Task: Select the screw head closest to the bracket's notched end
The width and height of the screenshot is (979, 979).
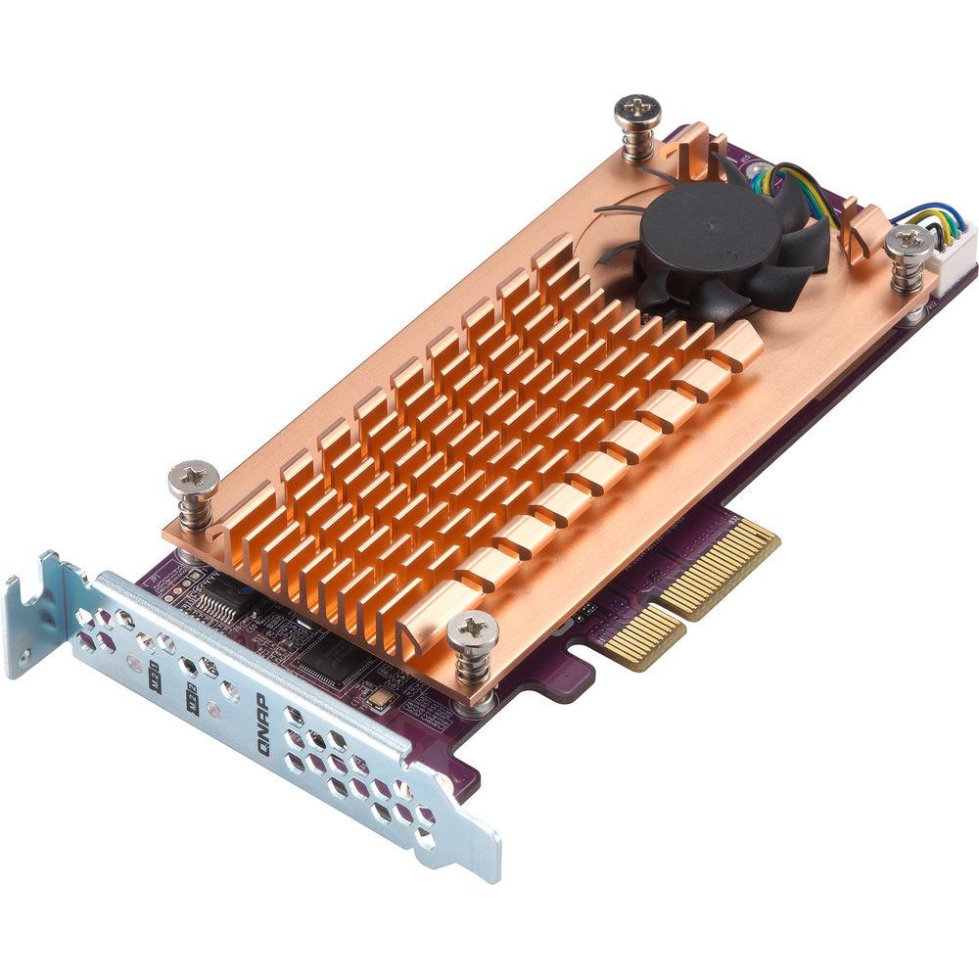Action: click(x=191, y=480)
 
